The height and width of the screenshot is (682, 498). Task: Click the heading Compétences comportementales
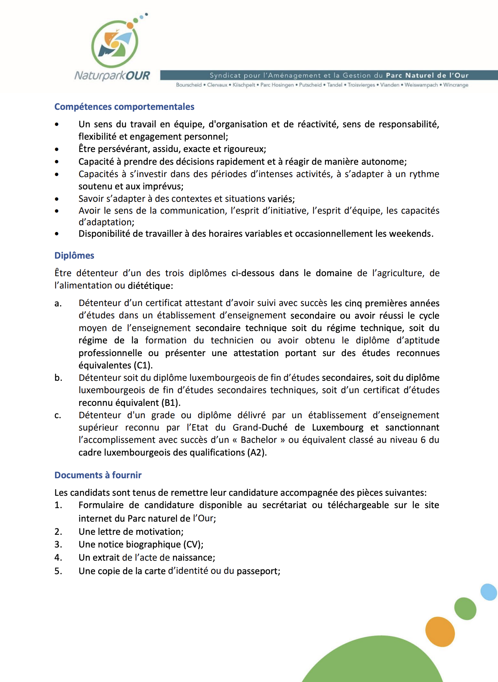tap(124, 107)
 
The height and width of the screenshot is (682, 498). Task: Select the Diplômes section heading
tap(74, 255)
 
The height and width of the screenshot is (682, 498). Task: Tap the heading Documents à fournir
tap(98, 475)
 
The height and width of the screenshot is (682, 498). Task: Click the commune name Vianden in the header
tap(390, 85)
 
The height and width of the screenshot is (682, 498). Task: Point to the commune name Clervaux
tap(217, 85)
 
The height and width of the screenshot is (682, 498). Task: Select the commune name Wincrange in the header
tap(456, 85)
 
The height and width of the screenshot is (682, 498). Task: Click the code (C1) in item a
tap(143, 365)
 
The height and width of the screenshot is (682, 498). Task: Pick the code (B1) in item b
tap(171, 403)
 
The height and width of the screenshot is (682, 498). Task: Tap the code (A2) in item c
tap(257, 452)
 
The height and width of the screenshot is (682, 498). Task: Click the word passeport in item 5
tap(258, 571)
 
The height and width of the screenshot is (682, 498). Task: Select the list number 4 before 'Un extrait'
tap(58, 557)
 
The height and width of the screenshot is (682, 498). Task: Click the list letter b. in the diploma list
tap(58, 378)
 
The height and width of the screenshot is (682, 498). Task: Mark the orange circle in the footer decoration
tap(440, 631)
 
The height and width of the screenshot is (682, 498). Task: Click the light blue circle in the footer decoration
tap(489, 592)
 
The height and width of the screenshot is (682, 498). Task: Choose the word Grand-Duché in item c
tap(260, 427)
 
